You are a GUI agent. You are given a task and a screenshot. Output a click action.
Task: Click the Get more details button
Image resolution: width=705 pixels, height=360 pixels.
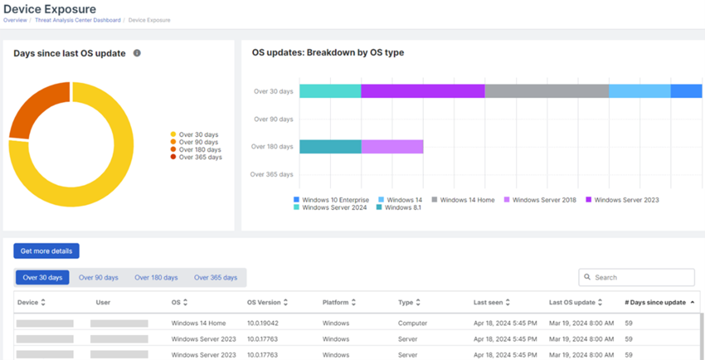point(46,251)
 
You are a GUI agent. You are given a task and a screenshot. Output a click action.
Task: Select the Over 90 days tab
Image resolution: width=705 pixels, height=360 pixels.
point(98,278)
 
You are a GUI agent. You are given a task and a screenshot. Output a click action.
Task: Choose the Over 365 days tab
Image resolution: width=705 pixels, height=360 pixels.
point(215,278)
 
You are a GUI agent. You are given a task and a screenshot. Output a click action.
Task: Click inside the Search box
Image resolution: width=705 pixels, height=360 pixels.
point(640,277)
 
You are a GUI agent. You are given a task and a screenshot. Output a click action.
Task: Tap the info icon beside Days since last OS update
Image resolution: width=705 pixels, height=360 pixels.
point(137,53)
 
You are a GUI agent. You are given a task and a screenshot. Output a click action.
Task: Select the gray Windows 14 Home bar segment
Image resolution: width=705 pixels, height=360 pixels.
point(547,91)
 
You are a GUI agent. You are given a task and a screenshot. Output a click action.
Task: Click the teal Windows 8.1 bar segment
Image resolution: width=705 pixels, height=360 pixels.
point(330,147)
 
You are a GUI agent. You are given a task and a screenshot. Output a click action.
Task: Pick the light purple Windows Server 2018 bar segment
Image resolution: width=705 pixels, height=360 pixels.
point(392,147)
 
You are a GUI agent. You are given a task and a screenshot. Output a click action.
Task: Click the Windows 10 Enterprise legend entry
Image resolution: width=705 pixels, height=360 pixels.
point(331,200)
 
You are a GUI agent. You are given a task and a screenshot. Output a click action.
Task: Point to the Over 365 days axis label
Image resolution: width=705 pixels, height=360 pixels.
point(272,174)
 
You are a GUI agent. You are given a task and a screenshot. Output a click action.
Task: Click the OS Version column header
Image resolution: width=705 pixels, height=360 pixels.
point(264,302)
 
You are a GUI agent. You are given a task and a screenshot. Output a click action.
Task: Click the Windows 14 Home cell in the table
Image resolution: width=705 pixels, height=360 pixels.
point(198,323)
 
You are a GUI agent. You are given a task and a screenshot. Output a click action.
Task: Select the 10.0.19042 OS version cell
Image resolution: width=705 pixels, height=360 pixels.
point(262,323)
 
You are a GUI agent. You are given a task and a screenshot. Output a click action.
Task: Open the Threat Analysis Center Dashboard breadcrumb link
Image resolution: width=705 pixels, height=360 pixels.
point(78,20)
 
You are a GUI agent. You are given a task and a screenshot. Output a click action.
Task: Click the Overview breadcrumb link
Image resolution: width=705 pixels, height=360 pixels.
point(15,20)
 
